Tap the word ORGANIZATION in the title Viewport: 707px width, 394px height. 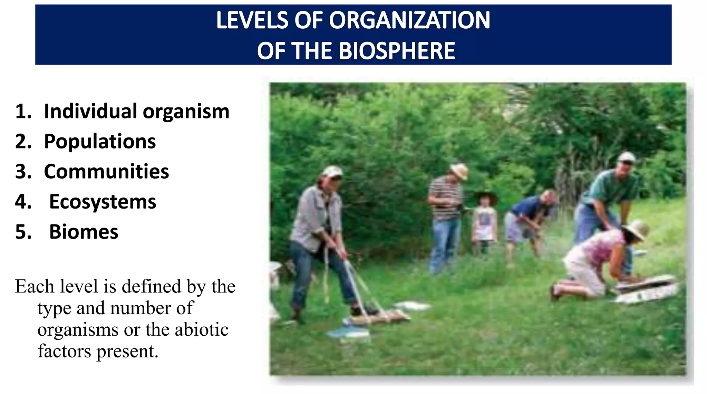(409, 20)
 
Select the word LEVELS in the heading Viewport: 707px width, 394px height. (252, 20)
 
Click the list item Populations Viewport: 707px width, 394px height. (100, 142)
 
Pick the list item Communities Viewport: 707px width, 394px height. (106, 172)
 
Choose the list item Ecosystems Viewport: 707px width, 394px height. (103, 202)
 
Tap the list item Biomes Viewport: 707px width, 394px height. (84, 232)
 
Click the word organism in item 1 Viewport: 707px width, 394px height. (186, 112)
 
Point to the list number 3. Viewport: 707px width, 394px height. (23, 172)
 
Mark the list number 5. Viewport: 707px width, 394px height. (23, 232)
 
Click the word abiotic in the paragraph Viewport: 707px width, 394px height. (202, 329)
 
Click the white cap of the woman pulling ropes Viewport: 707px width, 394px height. (332, 171)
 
